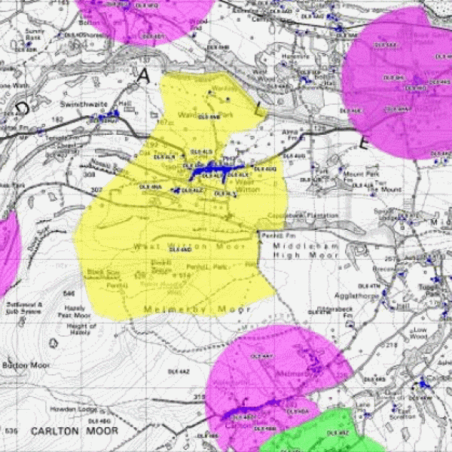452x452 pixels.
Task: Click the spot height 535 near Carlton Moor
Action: pos(11,430)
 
